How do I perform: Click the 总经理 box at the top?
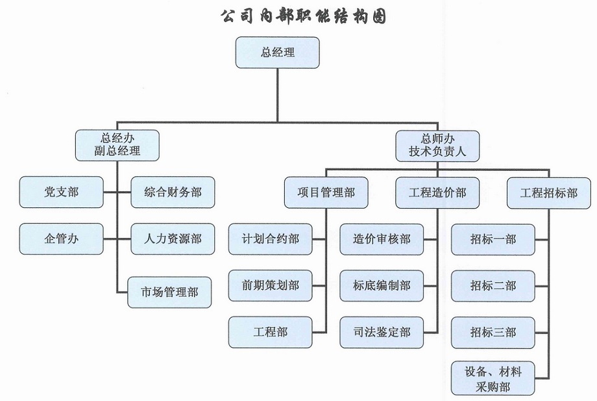[277, 53]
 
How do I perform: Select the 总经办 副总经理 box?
[117, 146]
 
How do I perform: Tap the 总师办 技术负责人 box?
[437, 146]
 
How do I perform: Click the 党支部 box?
[61, 192]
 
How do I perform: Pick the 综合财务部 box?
[173, 192]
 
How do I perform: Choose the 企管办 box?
[61, 239]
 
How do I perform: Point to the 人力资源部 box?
[173, 239]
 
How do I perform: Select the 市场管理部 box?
[169, 292]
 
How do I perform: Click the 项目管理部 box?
[326, 192]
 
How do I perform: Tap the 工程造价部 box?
[437, 192]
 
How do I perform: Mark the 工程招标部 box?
[548, 192]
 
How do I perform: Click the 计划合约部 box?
[270, 239]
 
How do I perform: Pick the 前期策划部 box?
[270, 285]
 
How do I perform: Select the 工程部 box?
[270, 331]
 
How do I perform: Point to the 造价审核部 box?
[382, 239]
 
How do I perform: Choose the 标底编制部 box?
[382, 285]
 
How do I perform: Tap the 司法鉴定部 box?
[382, 331]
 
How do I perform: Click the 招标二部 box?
[493, 285]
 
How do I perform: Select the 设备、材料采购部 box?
[493, 379]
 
